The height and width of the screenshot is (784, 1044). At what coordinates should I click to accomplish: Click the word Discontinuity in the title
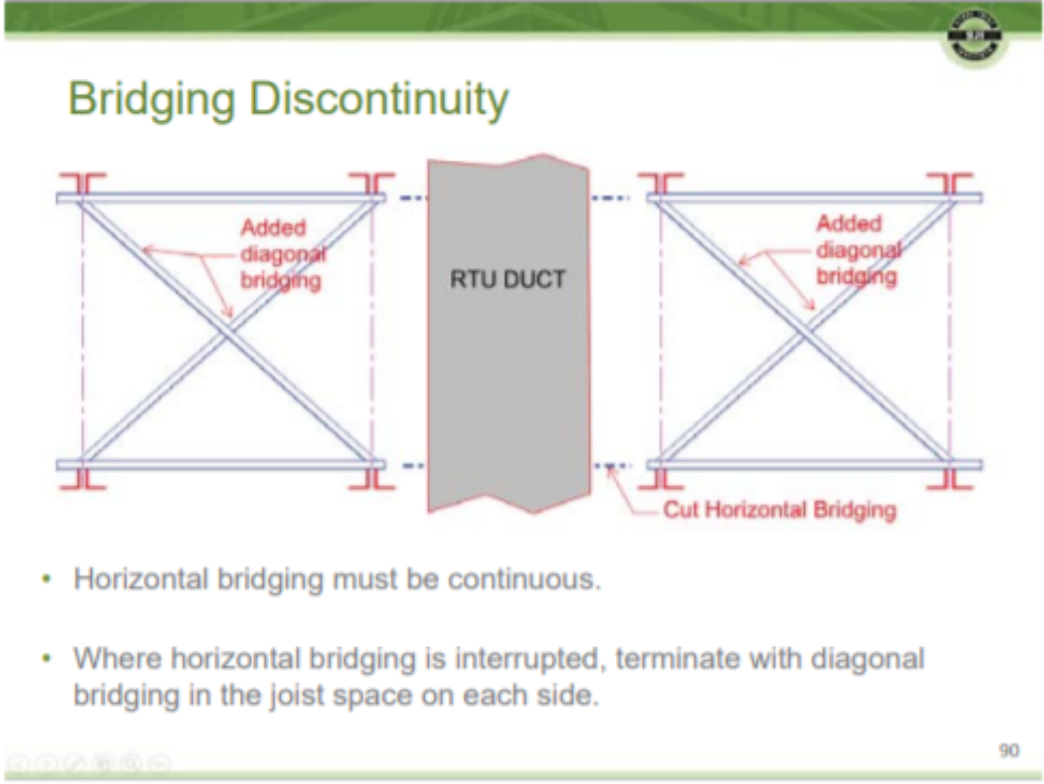click(x=379, y=99)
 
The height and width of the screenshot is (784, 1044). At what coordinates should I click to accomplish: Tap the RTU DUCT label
click(x=507, y=279)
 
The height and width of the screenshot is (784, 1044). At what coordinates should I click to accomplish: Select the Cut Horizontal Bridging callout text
click(x=779, y=509)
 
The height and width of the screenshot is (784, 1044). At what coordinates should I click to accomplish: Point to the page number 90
click(x=1009, y=750)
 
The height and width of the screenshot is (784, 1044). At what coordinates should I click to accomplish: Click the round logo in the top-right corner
click(x=975, y=37)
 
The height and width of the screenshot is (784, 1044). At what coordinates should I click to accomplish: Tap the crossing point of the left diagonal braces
click(x=228, y=332)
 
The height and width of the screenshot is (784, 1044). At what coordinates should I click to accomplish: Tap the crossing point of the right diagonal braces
click(x=805, y=333)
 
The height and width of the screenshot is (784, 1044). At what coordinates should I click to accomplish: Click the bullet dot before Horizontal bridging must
click(x=46, y=580)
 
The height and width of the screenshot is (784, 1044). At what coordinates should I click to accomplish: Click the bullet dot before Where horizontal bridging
click(x=46, y=659)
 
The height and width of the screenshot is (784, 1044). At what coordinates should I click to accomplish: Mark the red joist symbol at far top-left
click(x=82, y=184)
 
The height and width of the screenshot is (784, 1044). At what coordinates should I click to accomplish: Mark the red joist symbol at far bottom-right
click(x=950, y=479)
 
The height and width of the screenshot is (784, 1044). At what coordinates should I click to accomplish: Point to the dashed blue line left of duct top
click(x=412, y=198)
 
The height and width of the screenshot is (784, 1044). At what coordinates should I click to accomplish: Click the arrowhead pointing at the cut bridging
click(x=610, y=469)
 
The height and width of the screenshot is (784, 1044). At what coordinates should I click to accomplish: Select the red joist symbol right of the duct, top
click(x=660, y=184)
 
